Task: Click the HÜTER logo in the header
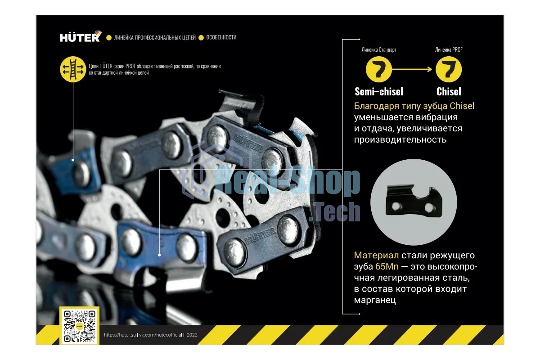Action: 81,36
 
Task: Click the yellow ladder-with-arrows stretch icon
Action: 73,69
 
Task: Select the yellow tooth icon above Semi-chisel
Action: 379,69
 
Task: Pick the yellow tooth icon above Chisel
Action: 449,69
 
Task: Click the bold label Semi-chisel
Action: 379,92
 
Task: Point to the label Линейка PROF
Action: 449,49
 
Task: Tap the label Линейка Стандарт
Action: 379,49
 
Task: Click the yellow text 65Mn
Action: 387,266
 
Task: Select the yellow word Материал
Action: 376,255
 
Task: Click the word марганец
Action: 375,301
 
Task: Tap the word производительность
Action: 400,140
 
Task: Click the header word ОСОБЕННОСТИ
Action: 221,37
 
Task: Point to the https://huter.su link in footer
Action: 120,335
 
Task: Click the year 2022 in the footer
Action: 192,335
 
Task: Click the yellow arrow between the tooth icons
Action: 412,69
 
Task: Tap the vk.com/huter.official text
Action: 161,335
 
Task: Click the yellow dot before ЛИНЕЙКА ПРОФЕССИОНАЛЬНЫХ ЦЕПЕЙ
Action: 109,38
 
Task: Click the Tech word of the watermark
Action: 335,211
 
